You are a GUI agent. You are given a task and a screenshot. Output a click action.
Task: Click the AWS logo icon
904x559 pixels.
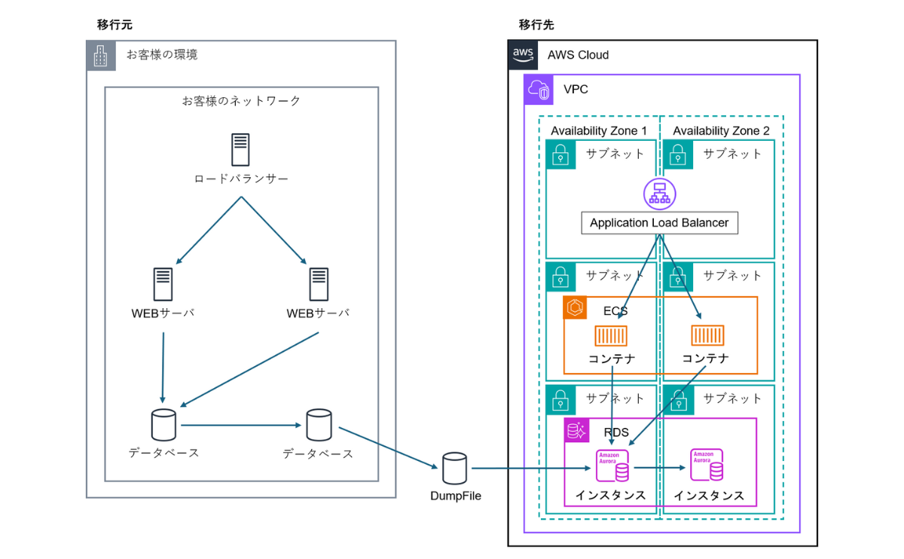click(523, 54)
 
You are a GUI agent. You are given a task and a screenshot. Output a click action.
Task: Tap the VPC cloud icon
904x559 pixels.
click(539, 90)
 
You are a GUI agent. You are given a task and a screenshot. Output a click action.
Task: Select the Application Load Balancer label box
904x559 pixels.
click(659, 223)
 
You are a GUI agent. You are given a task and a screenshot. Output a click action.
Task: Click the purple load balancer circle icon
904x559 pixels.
click(659, 193)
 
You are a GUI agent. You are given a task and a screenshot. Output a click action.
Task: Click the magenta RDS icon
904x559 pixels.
click(577, 431)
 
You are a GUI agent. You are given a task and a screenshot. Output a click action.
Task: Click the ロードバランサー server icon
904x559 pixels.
click(240, 149)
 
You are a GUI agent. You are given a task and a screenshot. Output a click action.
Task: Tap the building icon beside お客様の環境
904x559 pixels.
click(101, 55)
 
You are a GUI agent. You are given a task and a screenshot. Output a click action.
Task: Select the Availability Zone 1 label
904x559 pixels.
click(599, 131)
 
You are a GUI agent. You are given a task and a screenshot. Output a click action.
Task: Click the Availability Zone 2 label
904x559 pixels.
click(721, 131)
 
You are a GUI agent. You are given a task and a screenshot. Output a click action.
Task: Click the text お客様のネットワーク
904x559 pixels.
click(241, 100)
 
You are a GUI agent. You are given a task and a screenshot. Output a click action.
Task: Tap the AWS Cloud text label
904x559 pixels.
click(578, 55)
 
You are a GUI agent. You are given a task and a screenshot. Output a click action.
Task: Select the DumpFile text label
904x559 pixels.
click(455, 496)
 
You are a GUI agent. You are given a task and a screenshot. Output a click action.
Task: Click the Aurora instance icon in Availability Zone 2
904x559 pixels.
click(707, 466)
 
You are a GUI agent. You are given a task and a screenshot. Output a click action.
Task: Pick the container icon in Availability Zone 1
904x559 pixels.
click(611, 335)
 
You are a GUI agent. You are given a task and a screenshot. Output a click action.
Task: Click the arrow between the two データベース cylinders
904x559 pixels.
click(241, 426)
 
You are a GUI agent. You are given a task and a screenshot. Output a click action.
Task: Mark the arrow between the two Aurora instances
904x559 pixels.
click(660, 467)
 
